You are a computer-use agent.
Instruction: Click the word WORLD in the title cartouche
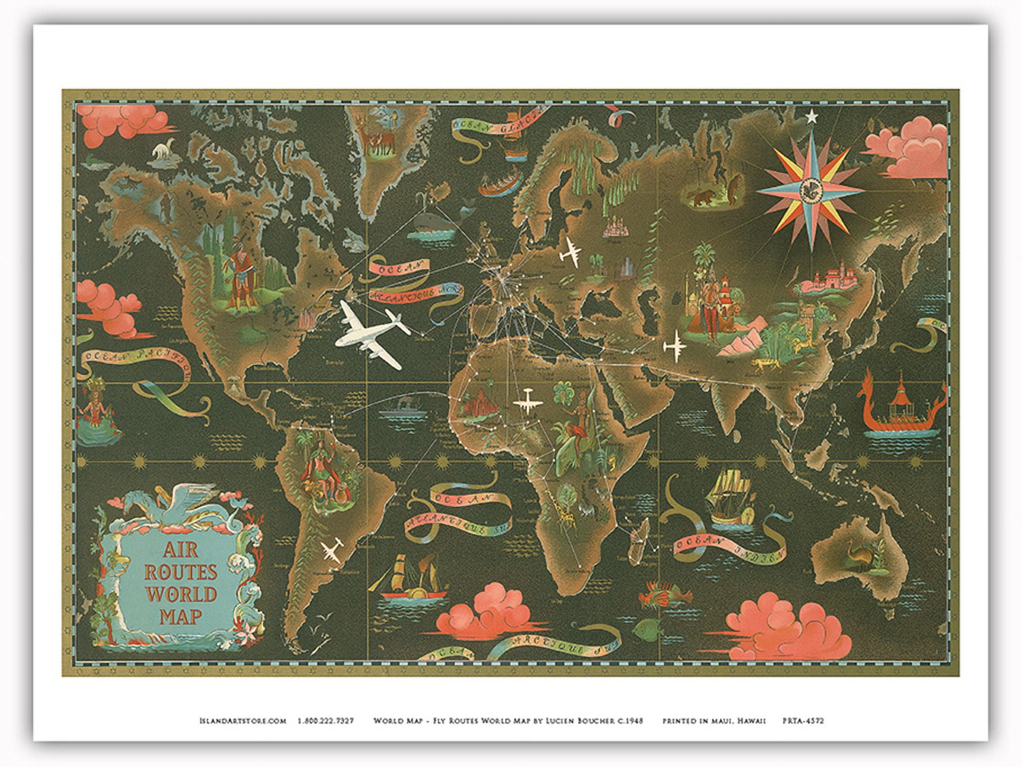tap(180, 595)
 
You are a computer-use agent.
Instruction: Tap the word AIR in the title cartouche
tap(180, 551)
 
